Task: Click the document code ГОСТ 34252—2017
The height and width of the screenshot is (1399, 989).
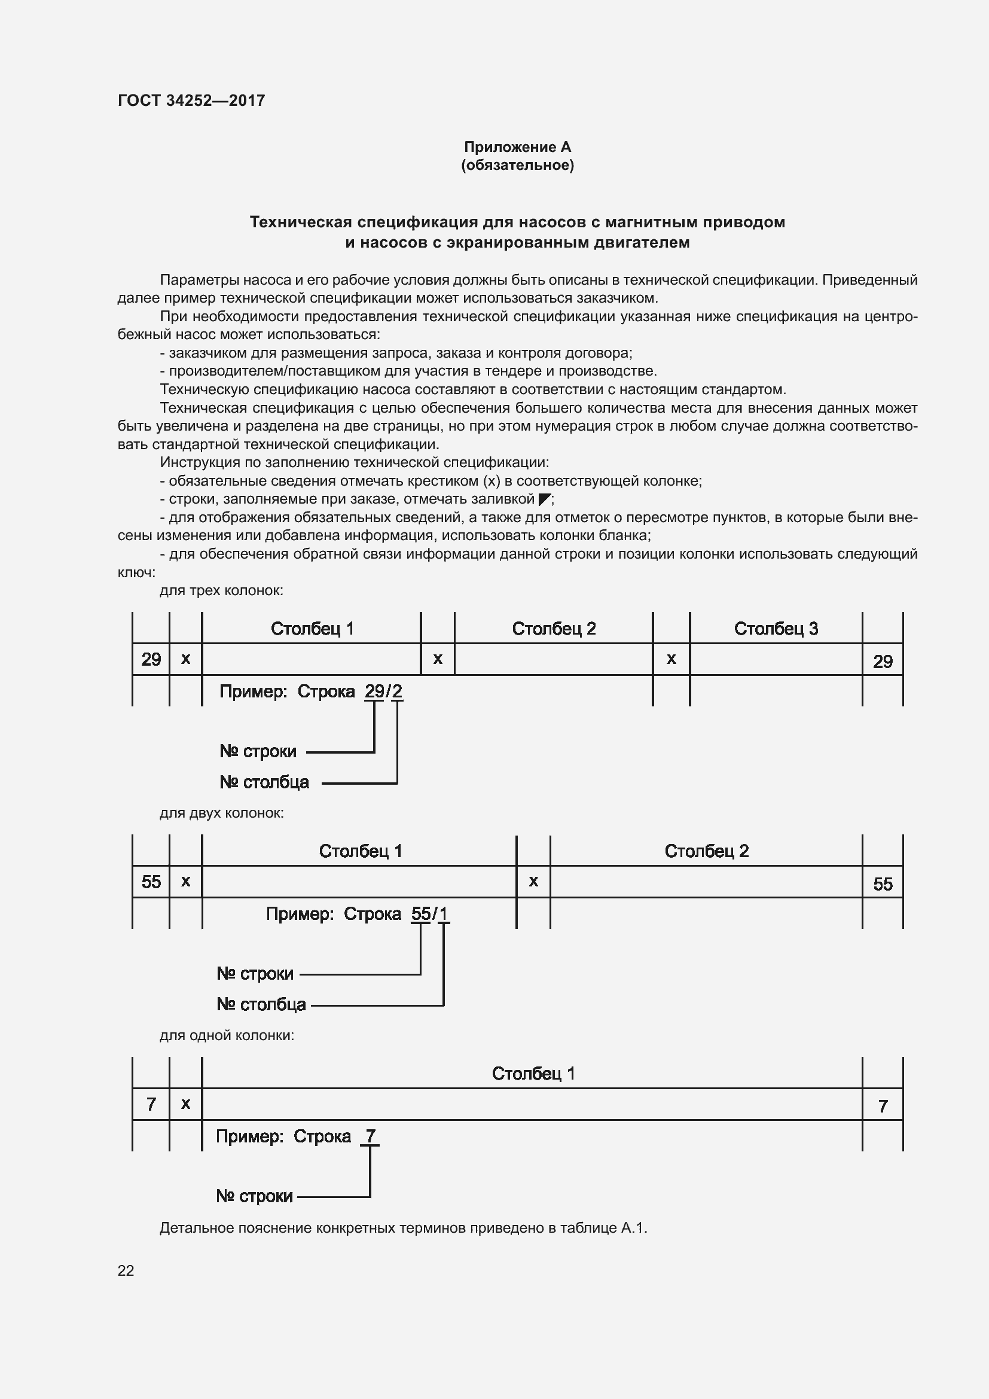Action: [x=191, y=100]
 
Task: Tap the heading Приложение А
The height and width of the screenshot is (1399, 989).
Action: [x=517, y=147]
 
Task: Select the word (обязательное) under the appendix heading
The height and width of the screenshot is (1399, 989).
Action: [x=517, y=165]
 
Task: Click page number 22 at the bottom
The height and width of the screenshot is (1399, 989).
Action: [x=126, y=1270]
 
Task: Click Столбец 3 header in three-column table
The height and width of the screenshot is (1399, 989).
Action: [x=776, y=628]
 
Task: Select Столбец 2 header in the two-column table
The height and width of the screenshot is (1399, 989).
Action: [x=706, y=851]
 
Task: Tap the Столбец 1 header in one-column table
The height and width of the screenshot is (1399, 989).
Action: [x=533, y=1073]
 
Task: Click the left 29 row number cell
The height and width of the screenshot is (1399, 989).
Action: [x=151, y=659]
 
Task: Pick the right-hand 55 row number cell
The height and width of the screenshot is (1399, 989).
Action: [x=883, y=883]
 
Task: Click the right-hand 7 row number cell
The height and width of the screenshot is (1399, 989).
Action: [x=883, y=1106]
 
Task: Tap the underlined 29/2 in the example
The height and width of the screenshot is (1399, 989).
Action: [x=383, y=691]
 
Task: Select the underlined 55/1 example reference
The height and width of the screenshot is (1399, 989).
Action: [x=430, y=914]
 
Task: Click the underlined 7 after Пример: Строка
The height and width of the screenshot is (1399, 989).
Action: [x=370, y=1136]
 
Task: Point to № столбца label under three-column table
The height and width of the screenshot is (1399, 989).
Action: [x=264, y=782]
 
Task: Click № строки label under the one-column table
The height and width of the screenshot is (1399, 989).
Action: [x=254, y=1196]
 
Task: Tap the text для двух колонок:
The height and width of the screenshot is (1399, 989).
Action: [x=222, y=813]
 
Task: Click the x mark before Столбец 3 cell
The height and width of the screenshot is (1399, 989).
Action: [x=671, y=659]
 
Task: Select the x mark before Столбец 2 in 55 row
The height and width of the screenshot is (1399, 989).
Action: [x=533, y=881]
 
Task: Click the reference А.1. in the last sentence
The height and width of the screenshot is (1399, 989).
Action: [x=634, y=1228]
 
